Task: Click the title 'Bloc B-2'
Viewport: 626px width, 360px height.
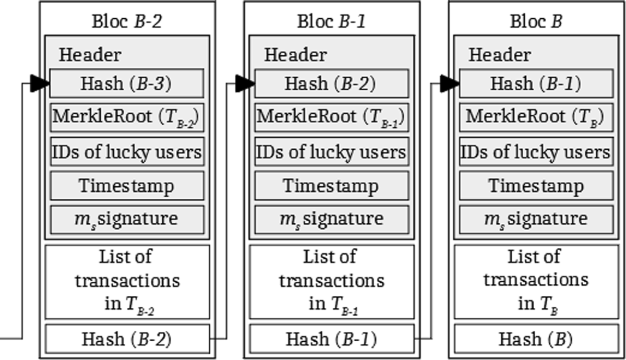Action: (127, 22)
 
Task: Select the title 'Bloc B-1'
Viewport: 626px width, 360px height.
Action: (332, 22)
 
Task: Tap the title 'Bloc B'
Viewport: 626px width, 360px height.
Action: (536, 22)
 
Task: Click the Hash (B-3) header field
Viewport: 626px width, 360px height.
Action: (127, 83)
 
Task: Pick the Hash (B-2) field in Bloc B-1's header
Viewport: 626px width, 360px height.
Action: (331, 83)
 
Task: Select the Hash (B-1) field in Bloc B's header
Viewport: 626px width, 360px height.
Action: (536, 83)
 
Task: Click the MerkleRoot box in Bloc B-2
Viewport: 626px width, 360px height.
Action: (127, 117)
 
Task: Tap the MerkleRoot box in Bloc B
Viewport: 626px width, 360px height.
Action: (536, 117)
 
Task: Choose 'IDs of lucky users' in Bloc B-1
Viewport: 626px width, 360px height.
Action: (331, 152)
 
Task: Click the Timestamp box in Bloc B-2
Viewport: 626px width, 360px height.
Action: (127, 186)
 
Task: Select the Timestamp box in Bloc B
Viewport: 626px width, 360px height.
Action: (536, 186)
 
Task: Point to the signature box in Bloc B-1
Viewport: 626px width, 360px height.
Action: (331, 219)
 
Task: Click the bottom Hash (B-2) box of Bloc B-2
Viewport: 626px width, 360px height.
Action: (127, 339)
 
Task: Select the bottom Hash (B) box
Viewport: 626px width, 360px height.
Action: (536, 339)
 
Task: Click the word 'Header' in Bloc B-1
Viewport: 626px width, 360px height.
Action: (295, 54)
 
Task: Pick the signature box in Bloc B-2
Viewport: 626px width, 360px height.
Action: (127, 219)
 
